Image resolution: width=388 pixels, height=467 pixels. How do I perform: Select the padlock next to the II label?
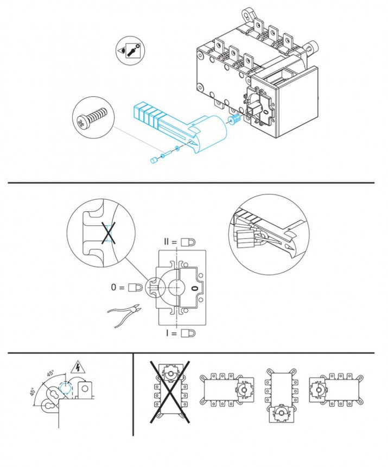[x=188, y=241]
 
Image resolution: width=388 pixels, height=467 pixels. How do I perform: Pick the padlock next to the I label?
[x=188, y=333]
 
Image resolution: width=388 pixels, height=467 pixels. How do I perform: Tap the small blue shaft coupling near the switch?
[x=235, y=119]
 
